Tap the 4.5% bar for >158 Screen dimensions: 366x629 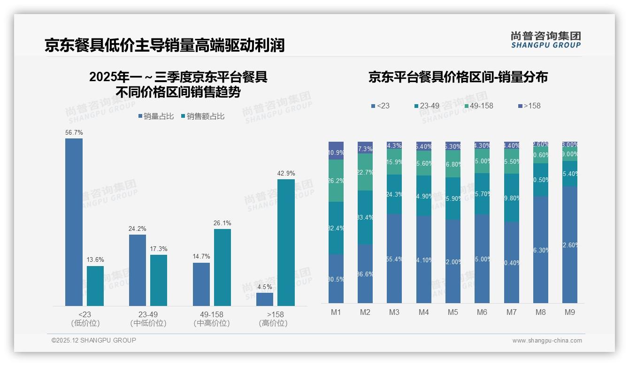click(x=265, y=299)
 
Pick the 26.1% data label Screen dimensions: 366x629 click(x=222, y=223)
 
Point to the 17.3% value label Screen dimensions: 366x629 click(x=159, y=249)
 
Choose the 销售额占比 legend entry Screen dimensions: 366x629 click(x=202, y=116)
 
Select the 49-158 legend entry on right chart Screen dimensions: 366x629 click(x=478, y=106)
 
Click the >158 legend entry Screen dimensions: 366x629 click(x=529, y=106)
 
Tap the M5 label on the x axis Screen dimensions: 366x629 click(x=453, y=312)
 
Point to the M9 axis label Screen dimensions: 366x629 click(x=569, y=312)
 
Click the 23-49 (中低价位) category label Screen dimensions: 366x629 click(x=148, y=319)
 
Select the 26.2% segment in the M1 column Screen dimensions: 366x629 click(x=336, y=181)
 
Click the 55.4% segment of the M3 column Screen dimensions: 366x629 click(x=394, y=259)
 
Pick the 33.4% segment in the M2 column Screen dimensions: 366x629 click(x=365, y=217)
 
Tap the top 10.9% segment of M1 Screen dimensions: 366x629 click(x=336, y=151)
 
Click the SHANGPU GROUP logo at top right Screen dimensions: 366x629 click(x=545, y=39)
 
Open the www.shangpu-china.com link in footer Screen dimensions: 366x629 click(x=547, y=341)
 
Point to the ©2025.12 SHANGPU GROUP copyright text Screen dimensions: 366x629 click(x=94, y=340)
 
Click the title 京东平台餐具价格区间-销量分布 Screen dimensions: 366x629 click(x=458, y=77)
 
